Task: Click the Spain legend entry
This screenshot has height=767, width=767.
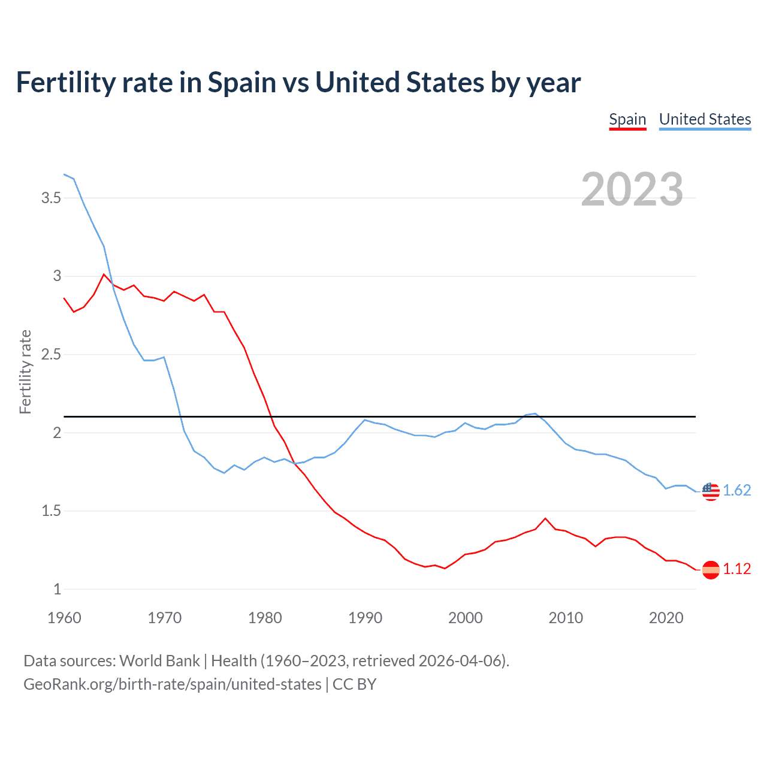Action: tap(627, 119)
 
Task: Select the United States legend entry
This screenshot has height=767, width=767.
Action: tap(705, 119)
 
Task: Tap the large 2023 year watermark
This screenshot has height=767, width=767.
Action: tap(632, 189)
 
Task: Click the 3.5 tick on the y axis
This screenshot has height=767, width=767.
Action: tap(51, 198)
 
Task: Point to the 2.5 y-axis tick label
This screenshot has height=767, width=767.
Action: tap(51, 354)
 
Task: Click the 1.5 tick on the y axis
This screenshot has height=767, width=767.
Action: tap(51, 511)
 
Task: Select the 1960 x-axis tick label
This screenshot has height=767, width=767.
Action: tap(64, 618)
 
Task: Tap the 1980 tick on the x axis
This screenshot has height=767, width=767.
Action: tap(265, 618)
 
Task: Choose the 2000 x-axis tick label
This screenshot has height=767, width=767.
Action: tap(465, 618)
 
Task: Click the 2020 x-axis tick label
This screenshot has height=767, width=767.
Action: tap(666, 618)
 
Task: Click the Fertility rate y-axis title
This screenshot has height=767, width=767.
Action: tap(25, 372)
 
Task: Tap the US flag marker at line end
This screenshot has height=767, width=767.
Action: tap(711, 491)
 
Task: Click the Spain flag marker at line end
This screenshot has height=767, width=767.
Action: tap(711, 569)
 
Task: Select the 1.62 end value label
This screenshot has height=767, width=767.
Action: tap(736, 490)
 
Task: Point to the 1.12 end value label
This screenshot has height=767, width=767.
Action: tap(736, 569)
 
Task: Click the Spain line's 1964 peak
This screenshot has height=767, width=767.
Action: tap(104, 274)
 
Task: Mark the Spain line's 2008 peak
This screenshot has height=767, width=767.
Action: tap(545, 518)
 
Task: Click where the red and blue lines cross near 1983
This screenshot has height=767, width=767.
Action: tap(294, 463)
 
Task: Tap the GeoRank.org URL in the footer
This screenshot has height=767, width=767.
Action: tap(173, 684)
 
